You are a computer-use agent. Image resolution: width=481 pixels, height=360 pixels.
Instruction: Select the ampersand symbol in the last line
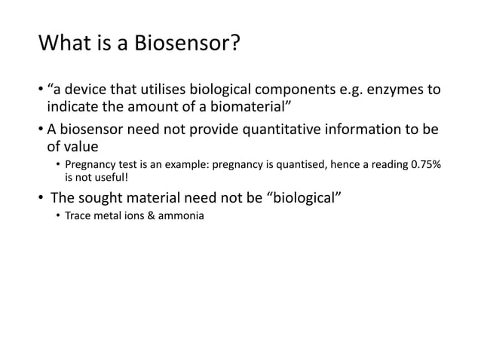click(149, 218)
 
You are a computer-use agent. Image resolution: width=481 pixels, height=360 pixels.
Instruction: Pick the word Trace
click(78, 218)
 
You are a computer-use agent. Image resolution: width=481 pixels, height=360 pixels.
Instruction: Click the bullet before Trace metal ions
click(57, 218)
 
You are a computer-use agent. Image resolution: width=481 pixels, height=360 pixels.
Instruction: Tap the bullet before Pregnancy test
click(57, 165)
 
